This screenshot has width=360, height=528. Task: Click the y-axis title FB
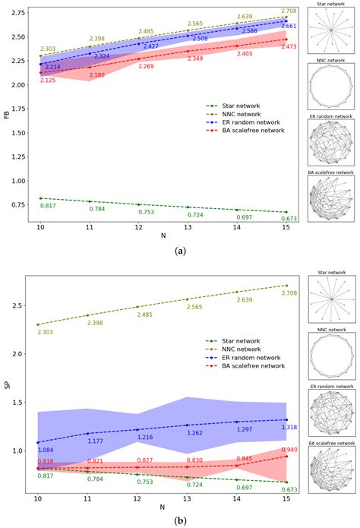[x=7, y=115]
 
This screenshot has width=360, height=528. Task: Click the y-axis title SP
[x=7, y=385]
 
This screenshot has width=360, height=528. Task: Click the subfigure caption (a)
[x=180, y=250]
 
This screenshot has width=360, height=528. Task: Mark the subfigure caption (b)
[x=180, y=521]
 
